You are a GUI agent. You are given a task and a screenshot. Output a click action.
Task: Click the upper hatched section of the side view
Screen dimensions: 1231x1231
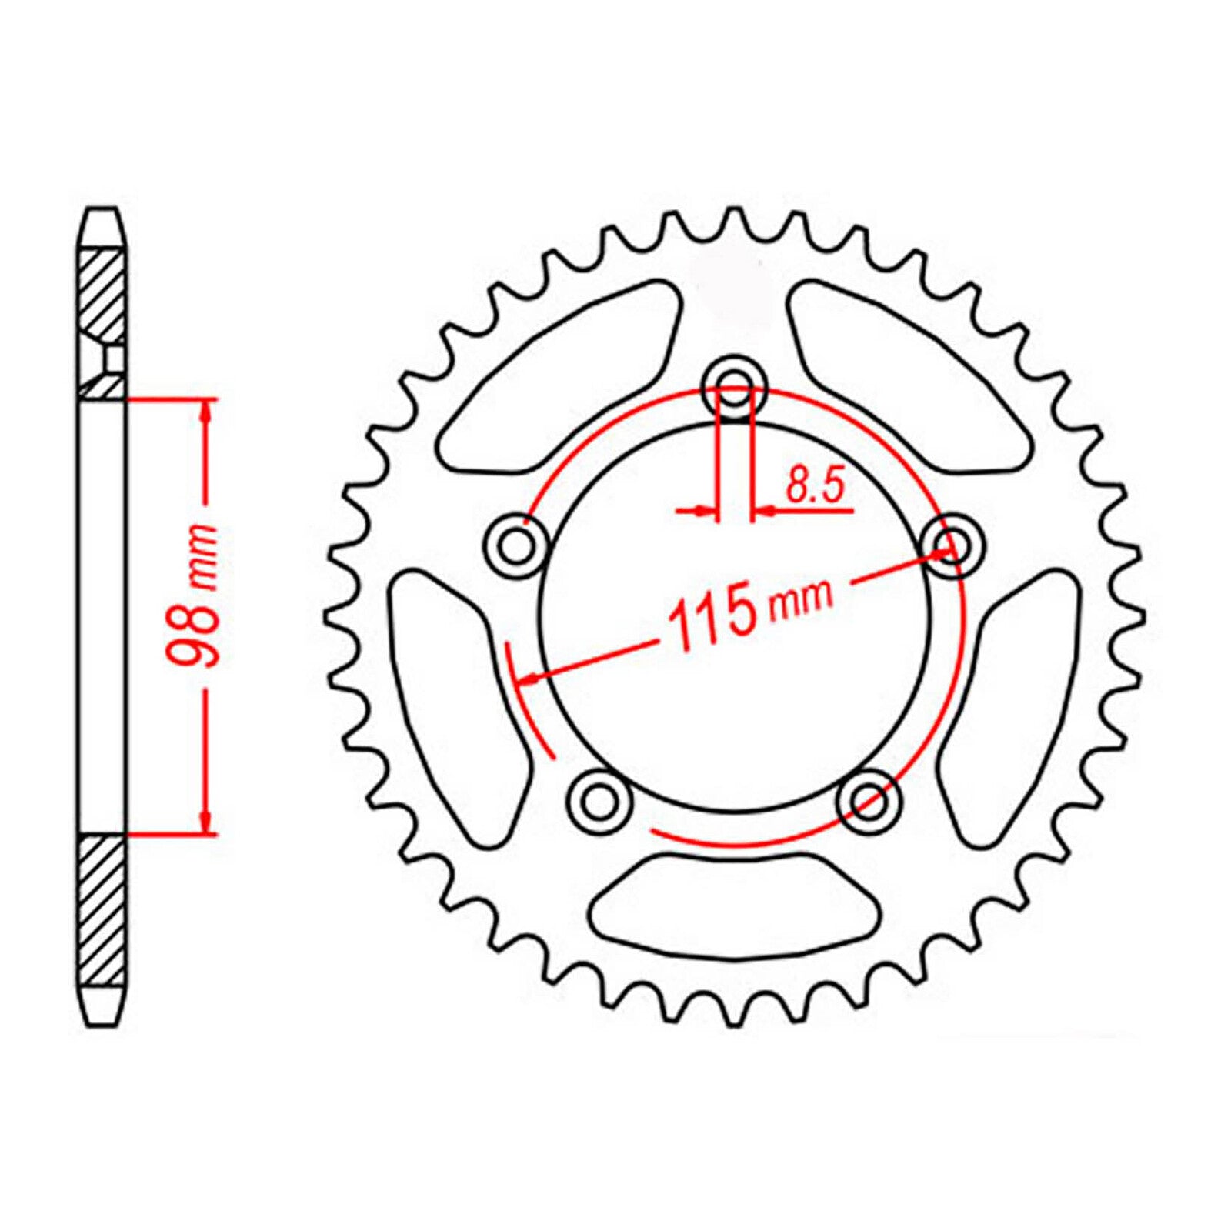tap(102, 292)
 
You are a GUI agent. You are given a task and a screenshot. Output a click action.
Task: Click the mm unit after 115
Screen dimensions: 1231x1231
tap(802, 600)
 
